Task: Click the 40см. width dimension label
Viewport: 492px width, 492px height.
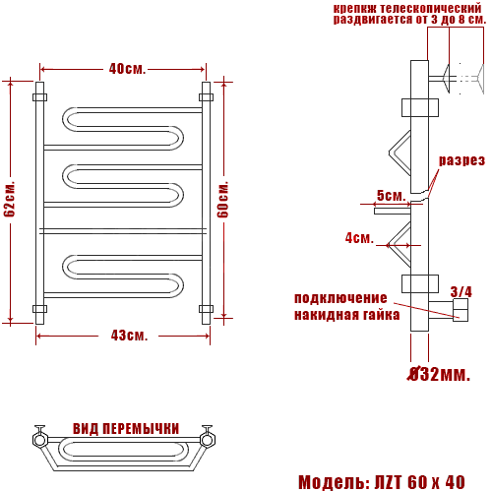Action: click(x=127, y=69)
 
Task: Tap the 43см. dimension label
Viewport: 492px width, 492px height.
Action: click(x=129, y=336)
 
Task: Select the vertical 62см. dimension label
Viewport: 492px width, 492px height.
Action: click(x=10, y=199)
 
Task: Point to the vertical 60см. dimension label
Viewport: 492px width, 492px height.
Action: click(x=223, y=199)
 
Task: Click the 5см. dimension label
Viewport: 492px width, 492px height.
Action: click(x=391, y=196)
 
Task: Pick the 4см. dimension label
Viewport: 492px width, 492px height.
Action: click(x=359, y=238)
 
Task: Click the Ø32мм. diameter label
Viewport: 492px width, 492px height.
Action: click(x=439, y=374)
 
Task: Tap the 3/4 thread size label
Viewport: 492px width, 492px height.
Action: click(x=461, y=291)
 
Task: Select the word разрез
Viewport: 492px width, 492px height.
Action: click(x=461, y=160)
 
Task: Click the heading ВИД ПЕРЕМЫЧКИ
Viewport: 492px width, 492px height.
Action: click(x=126, y=429)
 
